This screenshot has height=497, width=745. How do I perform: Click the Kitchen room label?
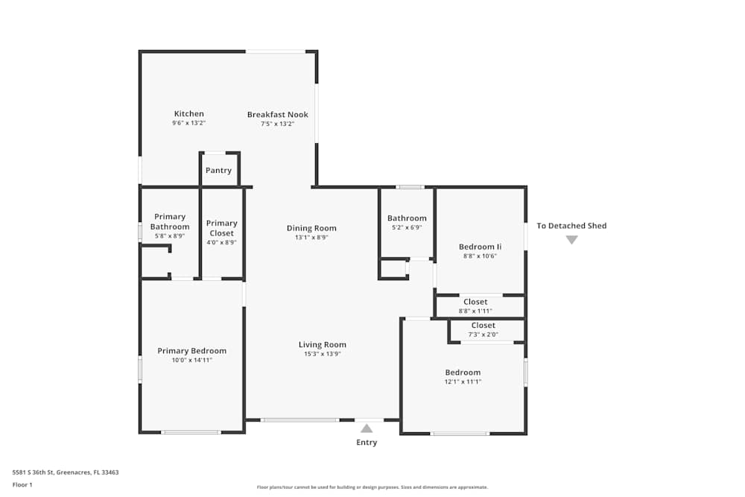(188, 114)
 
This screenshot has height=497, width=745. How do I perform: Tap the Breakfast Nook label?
(277, 115)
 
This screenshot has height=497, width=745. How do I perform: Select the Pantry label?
(218, 171)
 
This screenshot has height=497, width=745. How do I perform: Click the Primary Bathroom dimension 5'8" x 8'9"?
(170, 236)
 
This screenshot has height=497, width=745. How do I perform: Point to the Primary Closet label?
(221, 223)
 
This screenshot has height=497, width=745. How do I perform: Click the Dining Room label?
(311, 228)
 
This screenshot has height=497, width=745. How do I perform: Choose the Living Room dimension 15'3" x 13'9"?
(323, 354)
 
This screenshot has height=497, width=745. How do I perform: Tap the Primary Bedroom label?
(191, 351)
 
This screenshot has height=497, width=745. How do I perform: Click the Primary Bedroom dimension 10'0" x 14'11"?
(191, 361)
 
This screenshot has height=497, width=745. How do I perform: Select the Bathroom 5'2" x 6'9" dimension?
(407, 228)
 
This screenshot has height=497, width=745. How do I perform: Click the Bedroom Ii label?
(480, 247)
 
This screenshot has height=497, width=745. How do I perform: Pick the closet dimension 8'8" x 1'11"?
(475, 311)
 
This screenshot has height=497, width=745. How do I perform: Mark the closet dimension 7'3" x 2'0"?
(483, 335)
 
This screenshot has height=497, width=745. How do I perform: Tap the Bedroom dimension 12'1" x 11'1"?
(463, 382)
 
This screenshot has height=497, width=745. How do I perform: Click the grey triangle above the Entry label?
(366, 428)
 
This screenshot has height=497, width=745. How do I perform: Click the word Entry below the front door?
(366, 443)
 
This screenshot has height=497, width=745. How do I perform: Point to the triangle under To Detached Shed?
(571, 240)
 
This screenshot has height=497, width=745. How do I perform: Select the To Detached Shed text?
(571, 226)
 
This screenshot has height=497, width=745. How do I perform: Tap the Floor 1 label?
(22, 484)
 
